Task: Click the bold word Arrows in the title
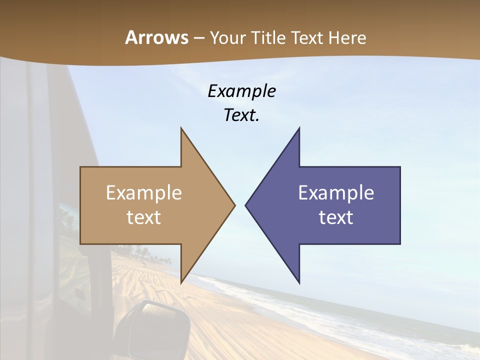click(156, 38)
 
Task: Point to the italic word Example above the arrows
click(242, 91)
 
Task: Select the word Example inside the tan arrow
click(144, 193)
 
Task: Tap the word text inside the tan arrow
click(144, 217)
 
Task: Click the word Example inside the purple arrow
click(336, 193)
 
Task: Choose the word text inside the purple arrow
click(336, 217)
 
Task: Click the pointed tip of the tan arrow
click(233, 205)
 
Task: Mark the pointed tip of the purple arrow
click(246, 205)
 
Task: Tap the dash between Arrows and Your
click(198, 38)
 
